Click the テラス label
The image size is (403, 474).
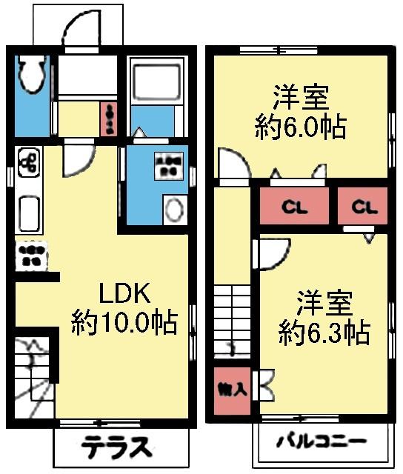click(117, 447)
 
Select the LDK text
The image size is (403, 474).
click(125, 294)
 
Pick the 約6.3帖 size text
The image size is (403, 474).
click(324, 332)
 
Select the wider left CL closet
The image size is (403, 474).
click(295, 207)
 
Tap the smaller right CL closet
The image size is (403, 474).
click(362, 207)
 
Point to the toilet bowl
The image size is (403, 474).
click(30, 74)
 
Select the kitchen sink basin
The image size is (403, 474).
click(27, 213)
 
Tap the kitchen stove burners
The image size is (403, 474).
click(30, 256)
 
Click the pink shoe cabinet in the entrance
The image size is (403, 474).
click(109, 118)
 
